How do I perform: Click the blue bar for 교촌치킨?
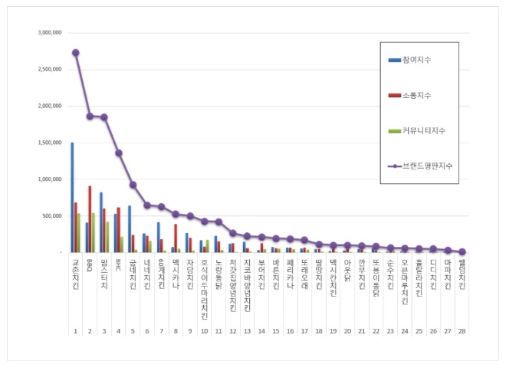click(x=72, y=197)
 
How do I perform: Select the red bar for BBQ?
click(x=90, y=219)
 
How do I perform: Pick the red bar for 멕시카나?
click(x=176, y=238)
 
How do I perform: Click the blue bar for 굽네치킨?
click(x=130, y=228)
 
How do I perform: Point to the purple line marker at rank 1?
click(x=75, y=53)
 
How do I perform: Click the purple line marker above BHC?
click(x=119, y=153)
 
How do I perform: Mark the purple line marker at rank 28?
click(x=462, y=251)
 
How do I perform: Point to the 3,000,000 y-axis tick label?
click(x=49, y=33)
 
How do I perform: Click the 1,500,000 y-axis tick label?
click(x=49, y=143)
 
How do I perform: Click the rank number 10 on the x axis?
click(x=204, y=331)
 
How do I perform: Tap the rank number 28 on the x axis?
click(x=462, y=331)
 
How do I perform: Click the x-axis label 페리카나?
click(x=290, y=274)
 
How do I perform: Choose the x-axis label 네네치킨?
click(x=147, y=274)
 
